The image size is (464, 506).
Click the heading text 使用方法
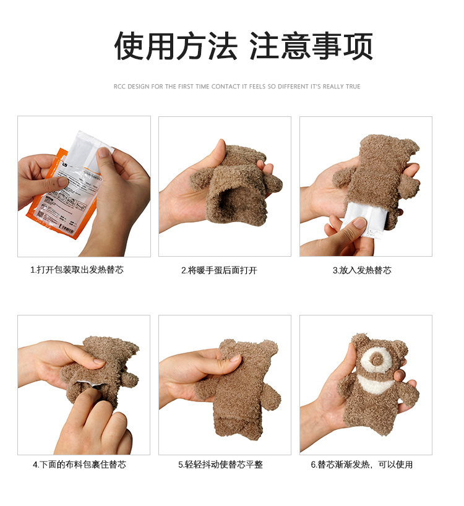click(x=176, y=46)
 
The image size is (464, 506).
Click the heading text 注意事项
click(x=311, y=46)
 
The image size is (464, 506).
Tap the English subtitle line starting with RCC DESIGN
click(x=237, y=87)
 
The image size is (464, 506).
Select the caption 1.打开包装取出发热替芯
click(x=77, y=270)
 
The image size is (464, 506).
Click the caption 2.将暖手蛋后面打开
click(x=219, y=270)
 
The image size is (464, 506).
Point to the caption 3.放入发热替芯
click(x=362, y=270)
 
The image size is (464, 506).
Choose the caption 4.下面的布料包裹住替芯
click(x=79, y=465)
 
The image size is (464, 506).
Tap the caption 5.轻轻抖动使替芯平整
click(x=220, y=465)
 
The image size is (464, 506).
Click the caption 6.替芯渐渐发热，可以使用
click(x=362, y=465)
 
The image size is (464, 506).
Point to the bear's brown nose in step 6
click(x=376, y=358)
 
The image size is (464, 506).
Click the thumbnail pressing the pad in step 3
click(x=359, y=223)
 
